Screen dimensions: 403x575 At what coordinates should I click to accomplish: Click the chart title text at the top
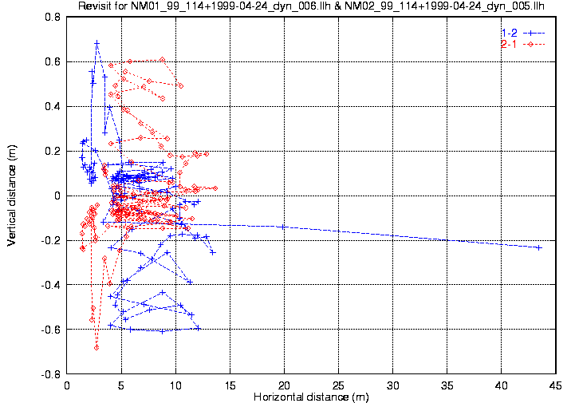tap(311, 7)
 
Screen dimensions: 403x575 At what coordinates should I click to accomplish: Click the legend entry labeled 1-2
tap(508, 33)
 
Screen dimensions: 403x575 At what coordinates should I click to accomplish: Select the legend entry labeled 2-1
tap(508, 44)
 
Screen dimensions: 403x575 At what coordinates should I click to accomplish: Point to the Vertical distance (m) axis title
tap(12, 196)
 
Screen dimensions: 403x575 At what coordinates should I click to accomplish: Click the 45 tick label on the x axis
tap(556, 385)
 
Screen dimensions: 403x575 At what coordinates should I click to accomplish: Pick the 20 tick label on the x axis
tap(284, 385)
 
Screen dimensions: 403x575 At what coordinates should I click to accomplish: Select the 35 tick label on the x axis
tap(447, 385)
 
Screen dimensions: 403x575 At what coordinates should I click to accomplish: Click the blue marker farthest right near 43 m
tap(539, 247)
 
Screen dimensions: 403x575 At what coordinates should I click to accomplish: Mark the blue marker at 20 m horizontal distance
tap(284, 227)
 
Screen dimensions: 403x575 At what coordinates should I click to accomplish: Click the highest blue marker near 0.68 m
tap(97, 43)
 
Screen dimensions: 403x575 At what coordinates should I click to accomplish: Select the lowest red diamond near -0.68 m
tap(96, 348)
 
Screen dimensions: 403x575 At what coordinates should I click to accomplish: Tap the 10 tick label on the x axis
tap(175, 385)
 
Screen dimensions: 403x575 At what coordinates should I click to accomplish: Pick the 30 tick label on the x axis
tap(393, 385)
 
